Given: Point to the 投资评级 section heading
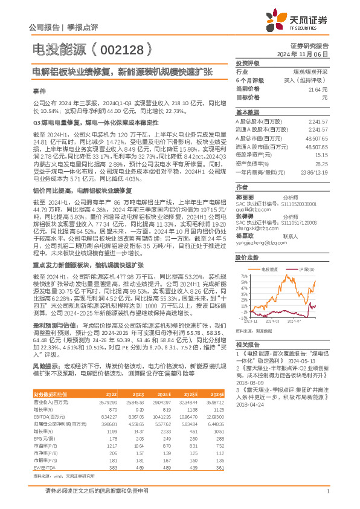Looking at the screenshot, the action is [x=248, y=63].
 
